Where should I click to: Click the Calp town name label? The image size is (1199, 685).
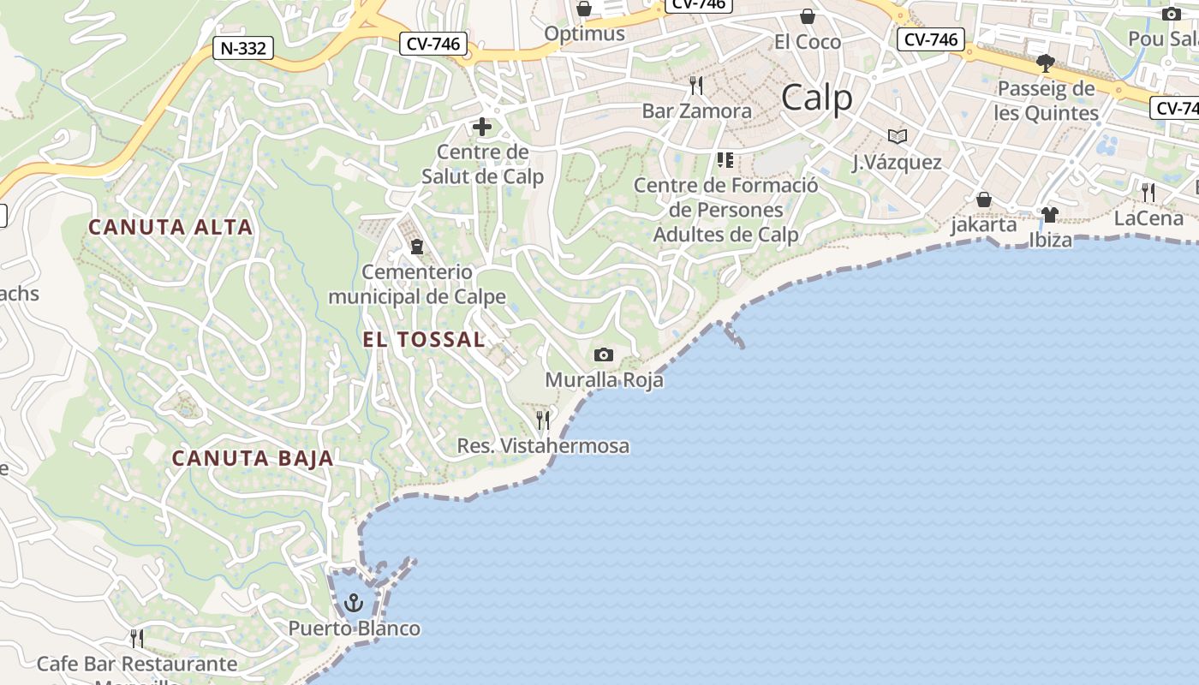[x=817, y=98]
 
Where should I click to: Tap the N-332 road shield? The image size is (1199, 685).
[x=243, y=48]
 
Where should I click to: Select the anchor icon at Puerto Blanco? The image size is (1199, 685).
[x=353, y=604]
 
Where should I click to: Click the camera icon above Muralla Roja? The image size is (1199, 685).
[x=604, y=354]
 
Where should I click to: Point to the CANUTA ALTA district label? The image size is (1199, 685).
[x=170, y=227]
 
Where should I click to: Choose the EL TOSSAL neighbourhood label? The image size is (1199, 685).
[x=424, y=339]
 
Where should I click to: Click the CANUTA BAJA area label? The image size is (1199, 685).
[x=253, y=458]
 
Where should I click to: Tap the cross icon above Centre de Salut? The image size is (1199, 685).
[x=482, y=128]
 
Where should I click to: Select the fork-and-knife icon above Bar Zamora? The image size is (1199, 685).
[x=696, y=85]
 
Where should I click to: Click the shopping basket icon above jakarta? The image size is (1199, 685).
[x=984, y=200]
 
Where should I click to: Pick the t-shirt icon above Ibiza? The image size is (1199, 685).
[x=1050, y=214]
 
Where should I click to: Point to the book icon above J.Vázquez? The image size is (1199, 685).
[x=897, y=136]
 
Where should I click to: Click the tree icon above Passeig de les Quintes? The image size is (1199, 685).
[x=1045, y=63]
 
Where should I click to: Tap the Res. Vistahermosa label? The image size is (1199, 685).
[x=543, y=446]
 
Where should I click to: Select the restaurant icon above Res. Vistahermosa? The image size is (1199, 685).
[x=543, y=420]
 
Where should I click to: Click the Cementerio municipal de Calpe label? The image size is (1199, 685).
[x=417, y=284]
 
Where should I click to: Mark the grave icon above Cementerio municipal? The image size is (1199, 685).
[x=417, y=247]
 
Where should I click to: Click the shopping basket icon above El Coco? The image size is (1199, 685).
[x=807, y=16]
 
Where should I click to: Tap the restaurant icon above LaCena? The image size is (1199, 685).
[x=1148, y=193]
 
